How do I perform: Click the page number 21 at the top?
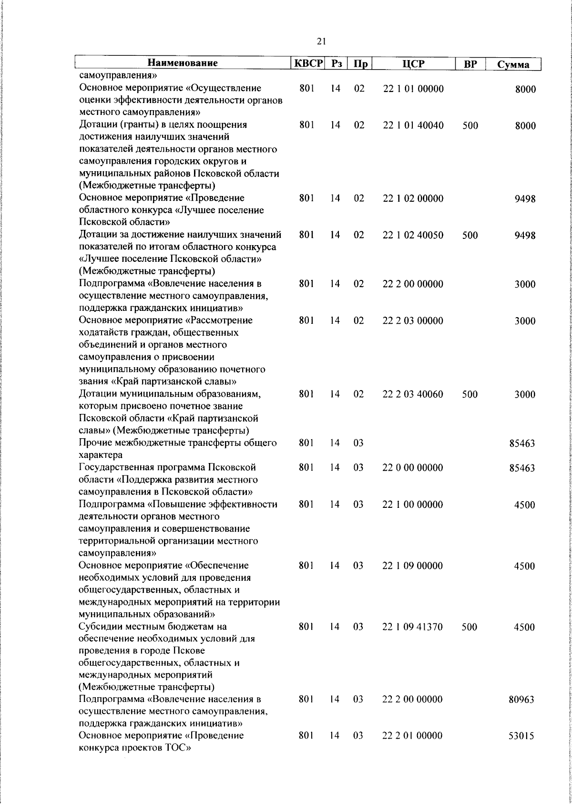pyautogui.click(x=321, y=42)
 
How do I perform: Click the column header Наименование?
pyautogui.click(x=183, y=63)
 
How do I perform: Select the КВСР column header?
pyautogui.click(x=308, y=63)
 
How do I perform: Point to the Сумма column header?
pyautogui.click(x=513, y=64)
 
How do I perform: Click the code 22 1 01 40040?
pyautogui.click(x=413, y=125)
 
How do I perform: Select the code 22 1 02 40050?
pyautogui.click(x=413, y=235)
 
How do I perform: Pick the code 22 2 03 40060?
pyautogui.click(x=413, y=394)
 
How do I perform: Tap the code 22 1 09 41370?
pyautogui.click(x=413, y=627)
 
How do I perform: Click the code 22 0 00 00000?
pyautogui.click(x=413, y=467)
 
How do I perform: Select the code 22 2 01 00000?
pyautogui.click(x=413, y=736)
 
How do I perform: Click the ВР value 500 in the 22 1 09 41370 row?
pyautogui.click(x=470, y=627)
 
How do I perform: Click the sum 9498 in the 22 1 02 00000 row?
pyautogui.click(x=525, y=199)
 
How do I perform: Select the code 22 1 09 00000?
pyautogui.click(x=413, y=566)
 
